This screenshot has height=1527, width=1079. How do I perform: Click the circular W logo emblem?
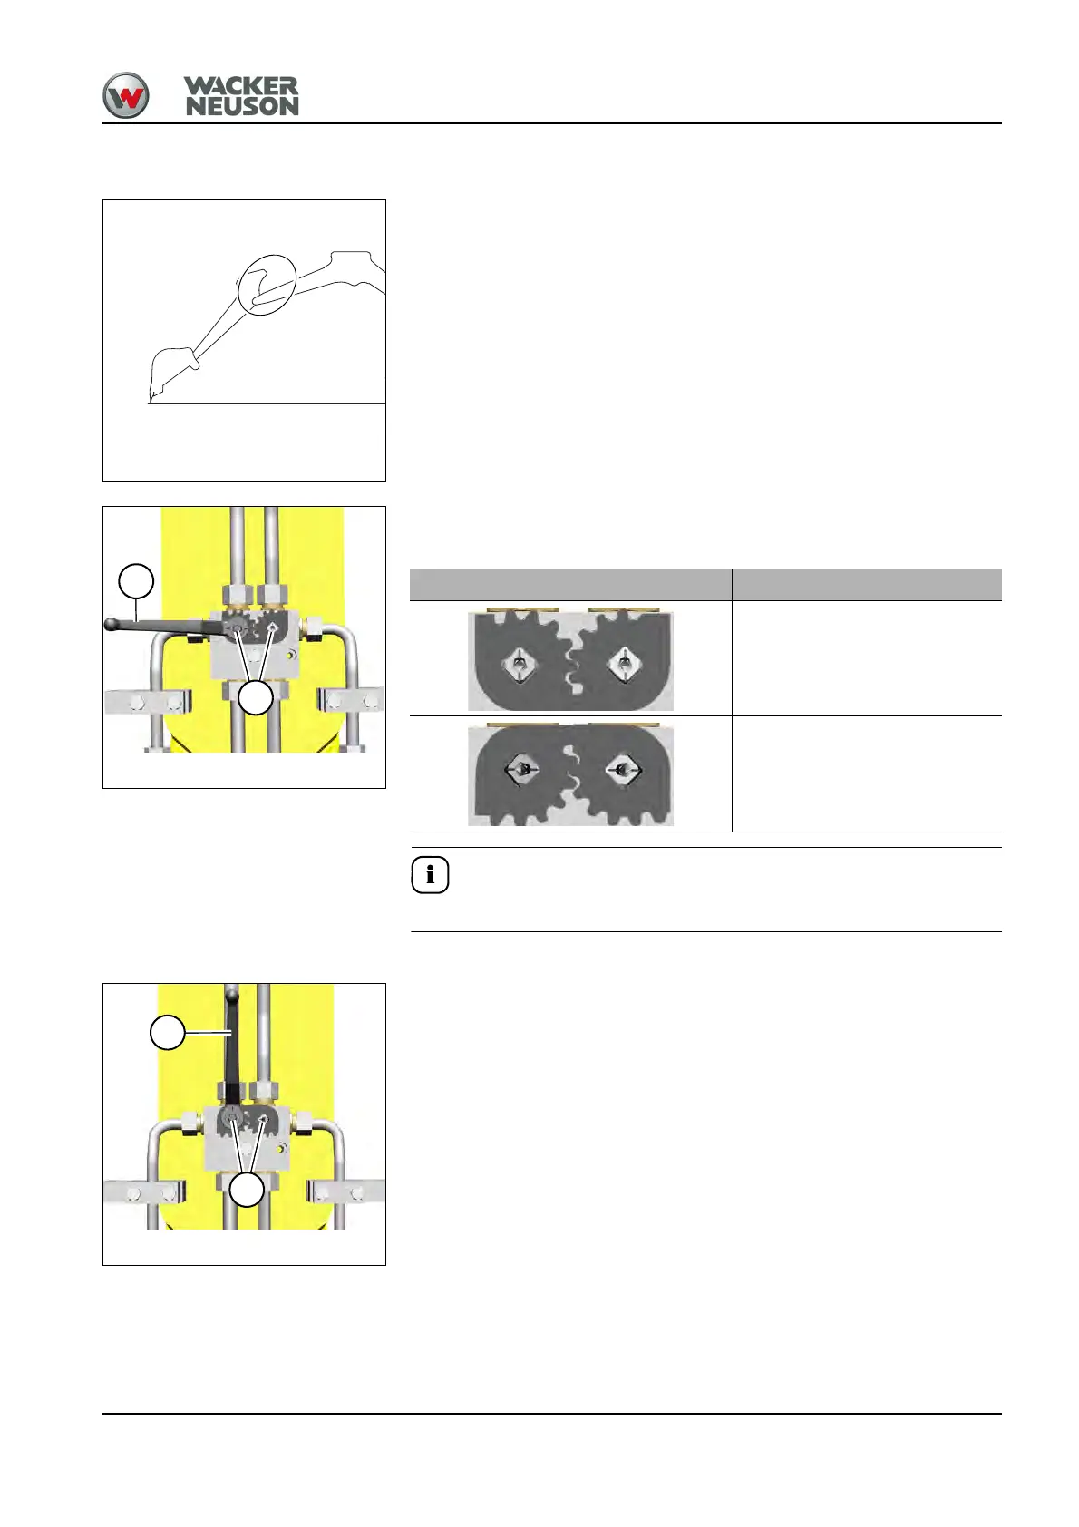[x=125, y=95]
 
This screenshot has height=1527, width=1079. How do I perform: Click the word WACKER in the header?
[x=241, y=86]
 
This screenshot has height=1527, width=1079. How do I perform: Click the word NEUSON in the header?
[x=242, y=107]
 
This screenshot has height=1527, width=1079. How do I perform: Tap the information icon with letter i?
[x=430, y=875]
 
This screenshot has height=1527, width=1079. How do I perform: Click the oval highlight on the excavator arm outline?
[x=268, y=285]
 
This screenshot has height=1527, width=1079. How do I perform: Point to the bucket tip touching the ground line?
[x=151, y=399]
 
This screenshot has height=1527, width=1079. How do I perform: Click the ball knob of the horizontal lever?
[x=111, y=624]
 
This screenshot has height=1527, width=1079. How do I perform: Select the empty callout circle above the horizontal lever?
[x=137, y=580]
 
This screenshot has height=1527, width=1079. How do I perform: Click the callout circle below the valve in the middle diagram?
[x=257, y=697]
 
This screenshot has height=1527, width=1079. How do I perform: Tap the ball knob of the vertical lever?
[x=231, y=993]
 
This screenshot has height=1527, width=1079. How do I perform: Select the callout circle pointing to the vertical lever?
[x=168, y=1033]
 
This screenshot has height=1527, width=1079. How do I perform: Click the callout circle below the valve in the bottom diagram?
[x=246, y=1190]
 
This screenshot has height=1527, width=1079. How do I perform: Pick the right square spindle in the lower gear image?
[x=623, y=770]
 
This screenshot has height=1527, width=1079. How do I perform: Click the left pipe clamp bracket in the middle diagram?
[x=148, y=701]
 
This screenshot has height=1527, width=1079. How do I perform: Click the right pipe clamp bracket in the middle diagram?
[x=351, y=701]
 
